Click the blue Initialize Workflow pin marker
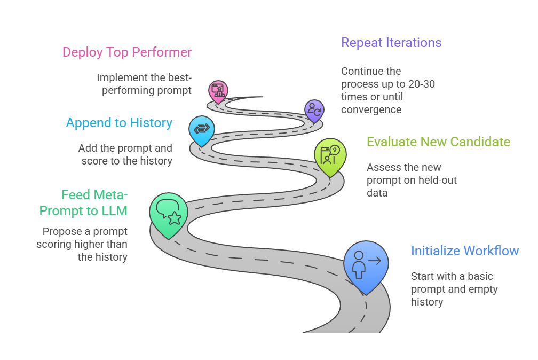pos(366,265)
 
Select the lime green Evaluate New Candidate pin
pos(330,155)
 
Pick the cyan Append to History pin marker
pos(202,130)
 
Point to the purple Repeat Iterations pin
pos(314,111)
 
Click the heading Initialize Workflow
pos(464,251)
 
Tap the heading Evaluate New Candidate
pos(438,142)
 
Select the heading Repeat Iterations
pos(391,43)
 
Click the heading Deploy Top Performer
pos(127,52)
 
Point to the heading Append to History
pos(119,123)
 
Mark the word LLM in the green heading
pos(115,210)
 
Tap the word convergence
pos(371,109)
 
